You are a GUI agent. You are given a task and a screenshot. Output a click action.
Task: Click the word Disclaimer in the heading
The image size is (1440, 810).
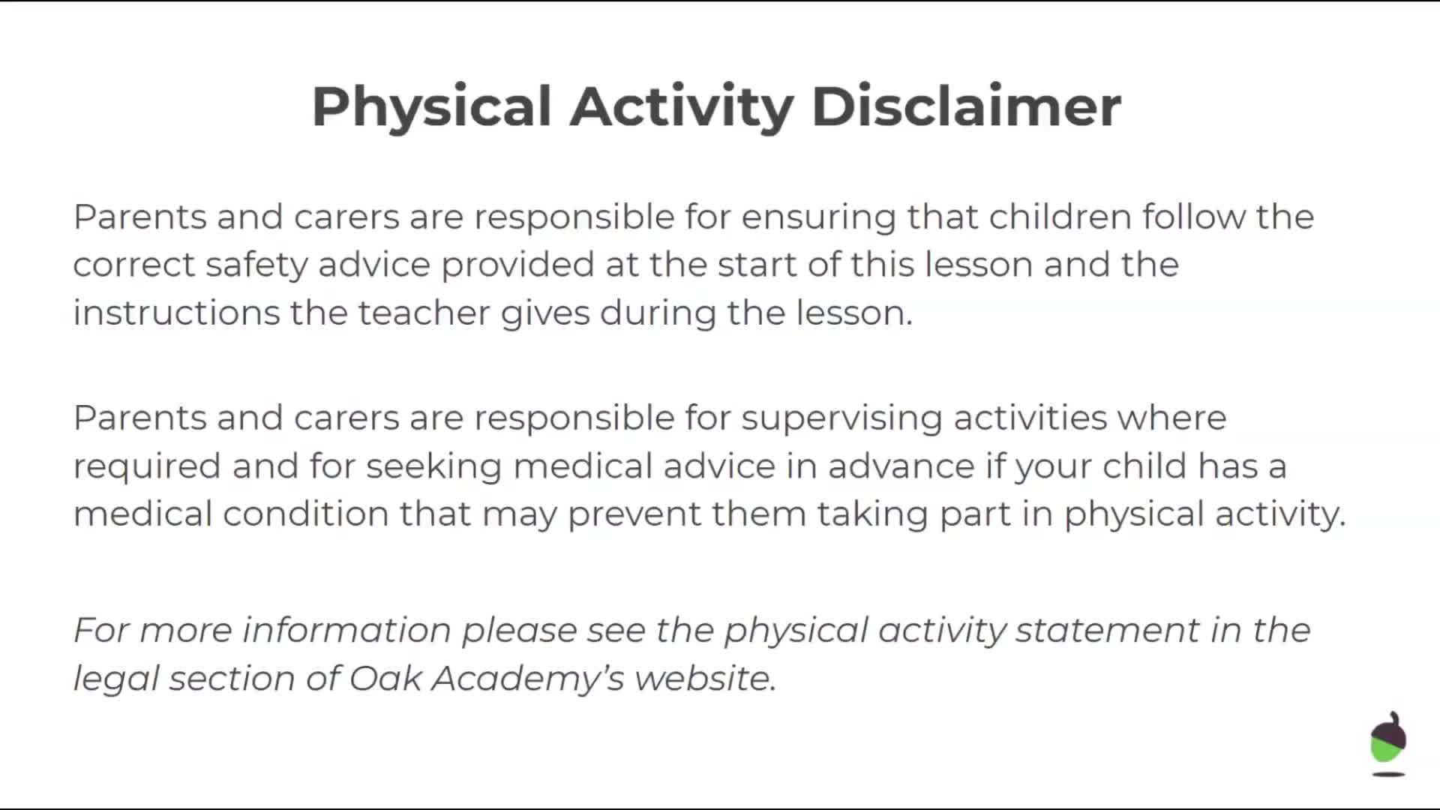[x=966, y=106]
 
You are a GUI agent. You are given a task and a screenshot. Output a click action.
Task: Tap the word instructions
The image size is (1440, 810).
[x=176, y=313]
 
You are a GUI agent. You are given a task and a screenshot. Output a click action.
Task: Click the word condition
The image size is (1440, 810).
[x=305, y=514]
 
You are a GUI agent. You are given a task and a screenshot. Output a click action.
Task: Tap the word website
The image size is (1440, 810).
[x=705, y=678]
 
